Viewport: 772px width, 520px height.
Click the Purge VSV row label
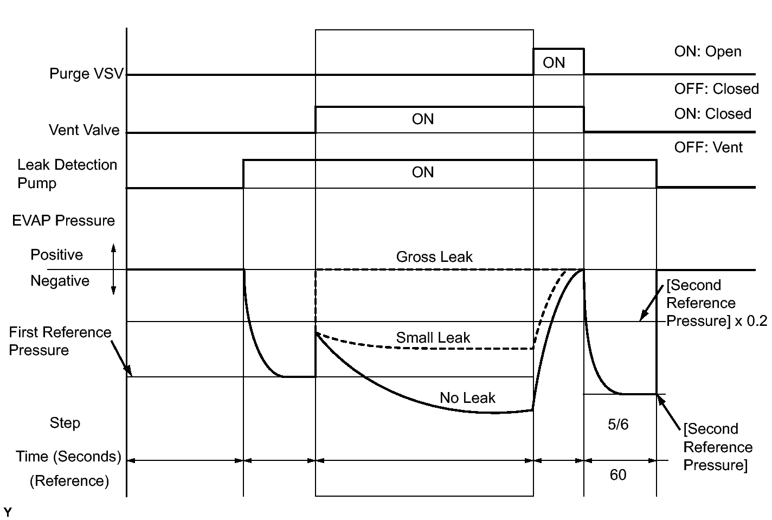click(x=86, y=74)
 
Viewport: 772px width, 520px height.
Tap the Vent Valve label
click(x=84, y=130)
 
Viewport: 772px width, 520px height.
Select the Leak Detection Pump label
click(x=67, y=174)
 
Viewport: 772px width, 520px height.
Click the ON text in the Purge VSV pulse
click(x=554, y=63)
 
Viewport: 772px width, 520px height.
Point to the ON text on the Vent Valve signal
click(x=423, y=119)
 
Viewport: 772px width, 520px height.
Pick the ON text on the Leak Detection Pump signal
click(x=423, y=172)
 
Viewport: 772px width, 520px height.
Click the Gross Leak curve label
click(x=434, y=257)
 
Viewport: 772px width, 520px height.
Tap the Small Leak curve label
click(x=433, y=338)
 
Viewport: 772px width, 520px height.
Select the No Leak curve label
click(x=467, y=398)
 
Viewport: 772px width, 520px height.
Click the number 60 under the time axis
click(x=618, y=475)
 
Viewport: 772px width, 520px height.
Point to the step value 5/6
click(x=618, y=425)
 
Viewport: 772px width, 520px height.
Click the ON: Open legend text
click(x=707, y=52)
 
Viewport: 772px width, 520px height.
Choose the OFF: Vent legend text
click(x=708, y=147)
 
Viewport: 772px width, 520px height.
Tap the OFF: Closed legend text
click(x=716, y=89)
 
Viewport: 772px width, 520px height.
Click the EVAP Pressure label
click(x=63, y=221)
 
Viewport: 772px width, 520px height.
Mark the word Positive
click(x=56, y=255)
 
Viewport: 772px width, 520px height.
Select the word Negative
click(x=60, y=281)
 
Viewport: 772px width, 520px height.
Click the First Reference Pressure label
click(x=60, y=341)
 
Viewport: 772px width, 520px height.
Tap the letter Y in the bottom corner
click(x=8, y=512)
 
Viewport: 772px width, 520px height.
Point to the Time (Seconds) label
click(x=68, y=457)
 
